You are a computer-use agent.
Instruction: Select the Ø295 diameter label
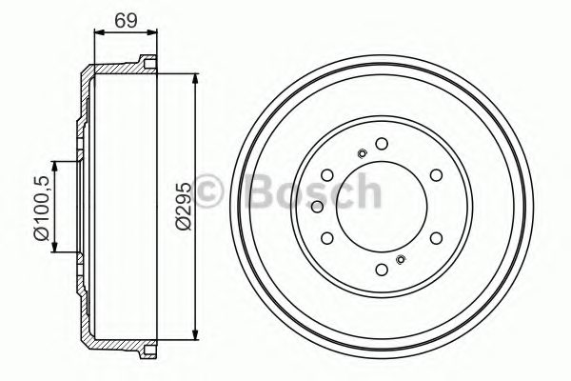(x=182, y=206)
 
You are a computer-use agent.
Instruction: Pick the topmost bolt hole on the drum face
(x=381, y=144)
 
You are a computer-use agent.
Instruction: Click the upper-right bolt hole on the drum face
(x=435, y=175)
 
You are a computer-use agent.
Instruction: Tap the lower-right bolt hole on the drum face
(x=435, y=238)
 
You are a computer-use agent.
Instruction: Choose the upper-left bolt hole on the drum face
(x=326, y=175)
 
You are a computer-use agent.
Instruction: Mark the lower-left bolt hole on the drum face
(x=326, y=238)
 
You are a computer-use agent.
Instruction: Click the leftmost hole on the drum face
(x=326, y=207)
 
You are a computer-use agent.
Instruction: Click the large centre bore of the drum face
(x=381, y=207)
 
